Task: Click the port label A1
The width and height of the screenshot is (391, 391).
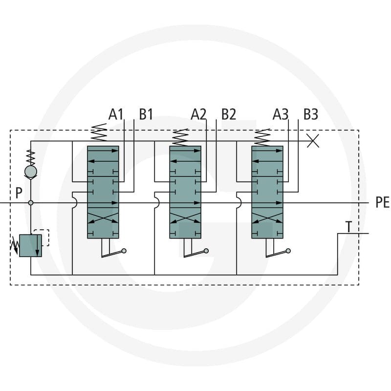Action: click(x=116, y=114)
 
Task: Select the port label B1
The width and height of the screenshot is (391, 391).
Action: click(x=146, y=114)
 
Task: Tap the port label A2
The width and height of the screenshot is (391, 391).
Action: click(x=198, y=114)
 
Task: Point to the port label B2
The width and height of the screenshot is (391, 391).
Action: click(x=229, y=114)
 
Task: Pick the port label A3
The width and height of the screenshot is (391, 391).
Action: click(x=281, y=114)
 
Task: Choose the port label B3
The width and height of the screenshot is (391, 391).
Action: click(x=311, y=114)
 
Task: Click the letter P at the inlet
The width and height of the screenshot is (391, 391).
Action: click(x=19, y=193)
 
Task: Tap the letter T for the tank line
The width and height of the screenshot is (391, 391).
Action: click(x=348, y=227)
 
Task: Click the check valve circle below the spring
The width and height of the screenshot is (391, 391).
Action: click(x=31, y=172)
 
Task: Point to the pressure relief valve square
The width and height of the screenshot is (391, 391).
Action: click(x=30, y=246)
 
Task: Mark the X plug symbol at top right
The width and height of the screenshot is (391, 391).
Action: click(x=313, y=141)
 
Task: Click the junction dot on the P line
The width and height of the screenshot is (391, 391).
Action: click(x=31, y=203)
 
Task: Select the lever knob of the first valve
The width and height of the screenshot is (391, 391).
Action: click(x=124, y=251)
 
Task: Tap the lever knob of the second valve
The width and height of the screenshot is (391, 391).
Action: click(x=206, y=251)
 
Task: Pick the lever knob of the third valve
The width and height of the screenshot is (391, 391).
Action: click(x=288, y=251)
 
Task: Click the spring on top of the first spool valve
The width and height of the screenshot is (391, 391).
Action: click(x=99, y=132)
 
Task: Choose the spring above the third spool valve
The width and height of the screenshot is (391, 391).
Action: click(x=262, y=137)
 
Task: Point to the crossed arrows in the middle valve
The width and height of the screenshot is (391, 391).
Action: click(x=185, y=217)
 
